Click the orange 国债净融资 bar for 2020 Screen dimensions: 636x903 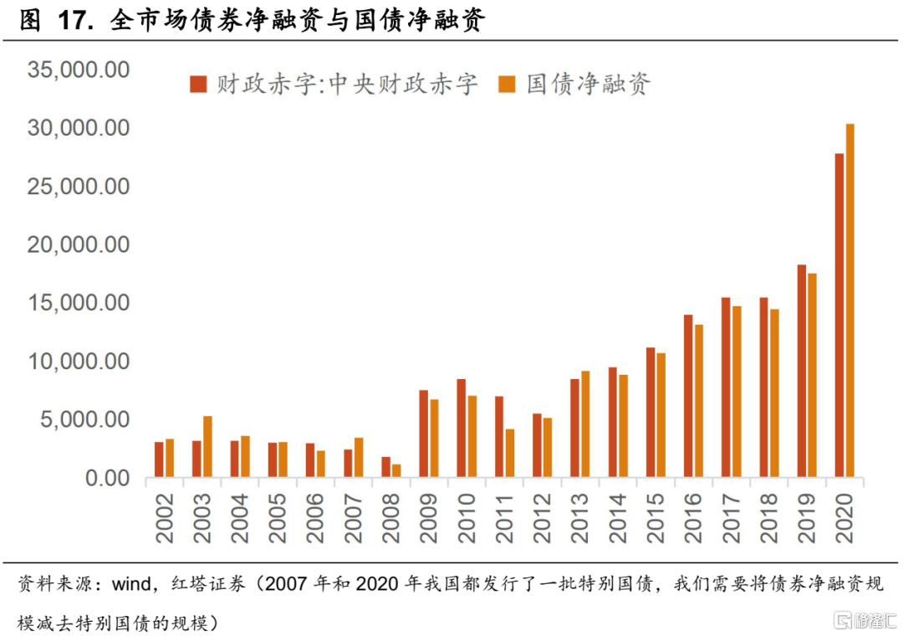pyautogui.click(x=850, y=301)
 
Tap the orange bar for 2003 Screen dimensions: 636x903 pyautogui.click(x=207, y=447)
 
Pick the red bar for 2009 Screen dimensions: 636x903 pyautogui.click(x=424, y=434)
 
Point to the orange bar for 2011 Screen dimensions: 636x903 pyautogui.click(x=510, y=454)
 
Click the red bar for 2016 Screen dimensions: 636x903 pyautogui.click(x=688, y=397)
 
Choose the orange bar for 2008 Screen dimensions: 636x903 pyautogui.click(x=396, y=471)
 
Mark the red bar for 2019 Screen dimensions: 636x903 pyautogui.click(x=802, y=372)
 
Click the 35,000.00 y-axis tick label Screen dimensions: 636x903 pyautogui.click(x=79, y=69)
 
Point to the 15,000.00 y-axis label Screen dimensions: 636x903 pyautogui.click(x=79, y=303)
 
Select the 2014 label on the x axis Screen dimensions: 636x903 pyautogui.click(x=618, y=518)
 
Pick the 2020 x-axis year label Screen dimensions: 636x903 pyautogui.click(x=844, y=518)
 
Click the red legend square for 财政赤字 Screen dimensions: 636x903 pyautogui.click(x=197, y=84)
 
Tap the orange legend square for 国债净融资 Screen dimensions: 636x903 pyautogui.click(x=507, y=84)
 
